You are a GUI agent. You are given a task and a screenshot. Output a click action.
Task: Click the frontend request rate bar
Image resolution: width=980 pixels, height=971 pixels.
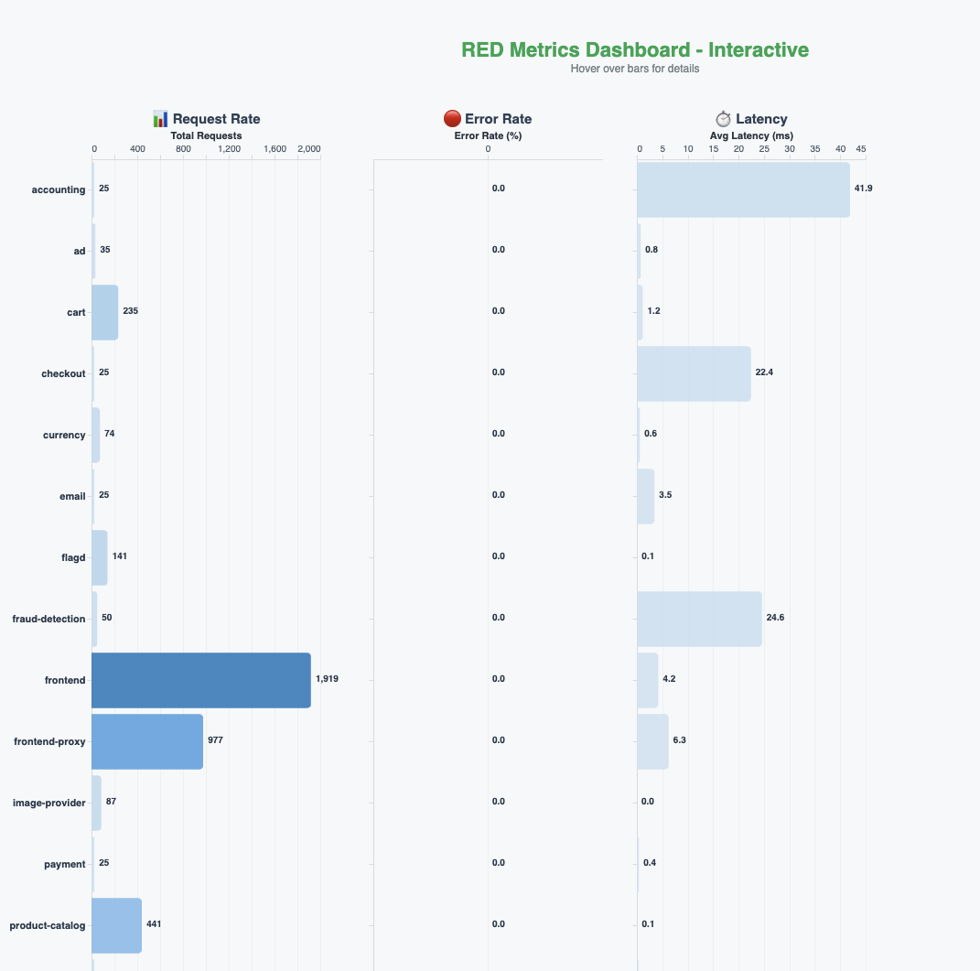[x=201, y=680]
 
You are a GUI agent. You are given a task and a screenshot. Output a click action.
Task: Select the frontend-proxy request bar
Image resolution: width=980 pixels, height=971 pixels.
[x=147, y=741]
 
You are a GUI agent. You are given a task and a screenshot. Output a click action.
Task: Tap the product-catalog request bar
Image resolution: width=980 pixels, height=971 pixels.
[x=116, y=925]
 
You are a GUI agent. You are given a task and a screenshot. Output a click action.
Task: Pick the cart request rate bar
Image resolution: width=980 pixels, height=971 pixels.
[x=105, y=312]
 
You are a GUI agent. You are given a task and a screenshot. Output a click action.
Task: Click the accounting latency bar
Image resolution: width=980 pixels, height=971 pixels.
[x=743, y=189]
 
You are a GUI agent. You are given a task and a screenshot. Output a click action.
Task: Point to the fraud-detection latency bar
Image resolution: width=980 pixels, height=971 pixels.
[x=699, y=619]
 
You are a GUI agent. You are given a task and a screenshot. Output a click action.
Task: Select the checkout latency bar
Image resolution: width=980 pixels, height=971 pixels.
[x=694, y=373]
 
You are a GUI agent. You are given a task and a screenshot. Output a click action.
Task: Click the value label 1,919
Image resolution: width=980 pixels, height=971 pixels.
[x=327, y=679]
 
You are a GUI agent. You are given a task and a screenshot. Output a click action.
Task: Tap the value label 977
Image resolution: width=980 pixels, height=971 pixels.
[x=215, y=740]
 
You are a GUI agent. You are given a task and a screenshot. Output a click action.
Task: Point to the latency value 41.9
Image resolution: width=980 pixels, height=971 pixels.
[x=864, y=189]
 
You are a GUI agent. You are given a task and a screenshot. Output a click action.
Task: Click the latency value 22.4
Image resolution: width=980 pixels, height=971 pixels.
[x=764, y=372]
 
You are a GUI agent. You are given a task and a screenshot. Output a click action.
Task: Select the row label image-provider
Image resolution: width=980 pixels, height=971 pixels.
[x=49, y=804]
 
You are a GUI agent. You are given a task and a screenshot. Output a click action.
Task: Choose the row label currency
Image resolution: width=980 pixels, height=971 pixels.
[x=64, y=436]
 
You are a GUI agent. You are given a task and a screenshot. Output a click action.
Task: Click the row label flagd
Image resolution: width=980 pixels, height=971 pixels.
[x=73, y=558]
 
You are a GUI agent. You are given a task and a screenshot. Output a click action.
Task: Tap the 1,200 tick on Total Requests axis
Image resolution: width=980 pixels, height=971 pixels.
[x=229, y=149]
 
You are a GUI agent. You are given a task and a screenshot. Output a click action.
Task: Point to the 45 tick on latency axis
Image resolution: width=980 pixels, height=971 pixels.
[x=860, y=149]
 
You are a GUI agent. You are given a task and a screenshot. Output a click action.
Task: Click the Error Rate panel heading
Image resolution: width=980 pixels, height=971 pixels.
[x=488, y=119]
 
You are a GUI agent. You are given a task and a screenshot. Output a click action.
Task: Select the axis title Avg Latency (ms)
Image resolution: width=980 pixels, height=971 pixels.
[x=751, y=135]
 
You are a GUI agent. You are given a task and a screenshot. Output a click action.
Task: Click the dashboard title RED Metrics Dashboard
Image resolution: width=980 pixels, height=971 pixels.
[x=635, y=49]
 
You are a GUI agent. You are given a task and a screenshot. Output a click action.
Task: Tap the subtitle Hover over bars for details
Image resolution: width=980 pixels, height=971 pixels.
[x=635, y=69]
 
